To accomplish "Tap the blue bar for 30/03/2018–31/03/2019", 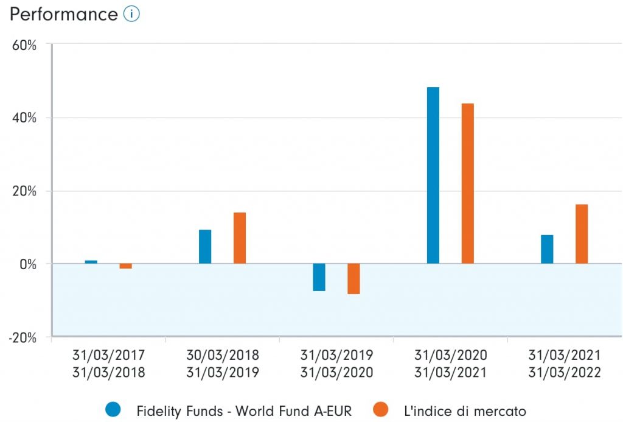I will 205,247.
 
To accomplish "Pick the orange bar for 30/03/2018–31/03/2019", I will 240,238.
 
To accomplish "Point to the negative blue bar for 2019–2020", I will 319,277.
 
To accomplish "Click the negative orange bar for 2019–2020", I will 353,279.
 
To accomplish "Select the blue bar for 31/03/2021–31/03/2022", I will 547,249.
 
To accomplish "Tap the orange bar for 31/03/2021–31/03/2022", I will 582,234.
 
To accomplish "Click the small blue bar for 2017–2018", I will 91,262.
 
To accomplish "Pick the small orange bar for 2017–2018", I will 125,266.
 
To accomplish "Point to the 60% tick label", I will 24,45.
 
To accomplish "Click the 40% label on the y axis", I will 24,118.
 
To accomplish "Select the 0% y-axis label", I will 28,264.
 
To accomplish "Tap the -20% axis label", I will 23,337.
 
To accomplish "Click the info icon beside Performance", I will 131,14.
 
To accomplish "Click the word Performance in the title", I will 63,14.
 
